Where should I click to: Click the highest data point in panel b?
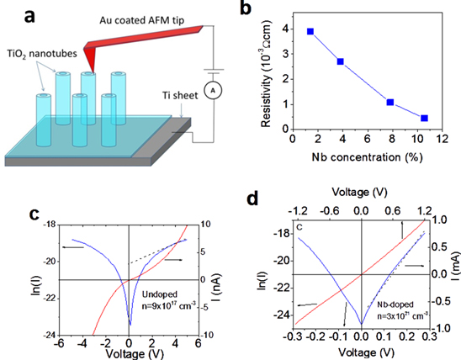pyautogui.click(x=311, y=31)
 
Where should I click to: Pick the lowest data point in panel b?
pyautogui.click(x=424, y=119)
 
